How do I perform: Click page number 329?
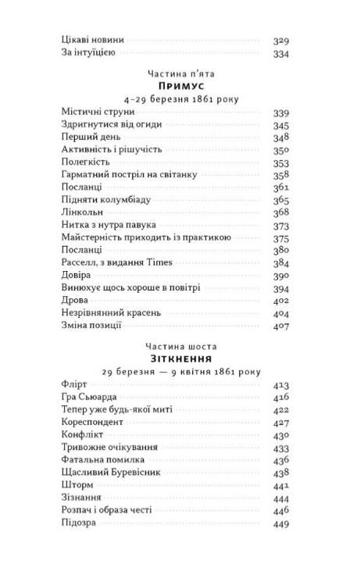point(281,39)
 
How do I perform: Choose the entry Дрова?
point(75,301)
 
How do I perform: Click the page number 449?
point(281,523)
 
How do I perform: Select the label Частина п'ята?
point(180,73)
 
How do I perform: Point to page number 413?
point(281,386)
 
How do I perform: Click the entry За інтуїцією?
point(88,52)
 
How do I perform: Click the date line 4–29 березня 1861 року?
point(180,99)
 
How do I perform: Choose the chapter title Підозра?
point(78,523)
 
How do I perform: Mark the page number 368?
point(281,213)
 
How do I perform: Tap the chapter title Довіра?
point(76,275)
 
